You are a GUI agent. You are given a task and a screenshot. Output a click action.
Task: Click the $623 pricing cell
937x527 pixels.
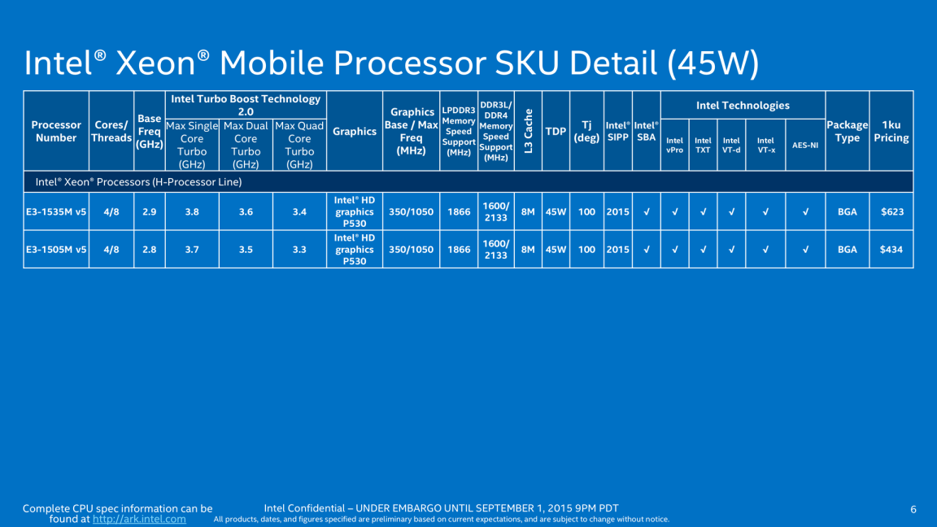(x=891, y=212)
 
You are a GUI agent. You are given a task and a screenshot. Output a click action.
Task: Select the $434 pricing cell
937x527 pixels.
(x=891, y=250)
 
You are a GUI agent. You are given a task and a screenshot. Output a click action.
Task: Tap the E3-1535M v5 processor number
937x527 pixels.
(x=56, y=212)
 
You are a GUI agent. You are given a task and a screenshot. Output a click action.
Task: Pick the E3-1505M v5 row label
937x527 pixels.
(x=56, y=250)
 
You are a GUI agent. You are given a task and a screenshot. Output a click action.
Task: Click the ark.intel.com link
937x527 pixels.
(x=139, y=519)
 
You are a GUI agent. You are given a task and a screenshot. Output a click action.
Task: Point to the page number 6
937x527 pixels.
(x=913, y=510)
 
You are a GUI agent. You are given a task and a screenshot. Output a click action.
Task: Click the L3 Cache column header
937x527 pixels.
(x=528, y=131)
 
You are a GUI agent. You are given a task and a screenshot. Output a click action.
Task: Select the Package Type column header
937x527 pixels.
(x=847, y=131)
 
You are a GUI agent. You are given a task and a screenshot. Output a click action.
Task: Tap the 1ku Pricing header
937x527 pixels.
(x=891, y=131)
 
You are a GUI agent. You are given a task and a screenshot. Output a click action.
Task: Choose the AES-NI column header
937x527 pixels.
(x=805, y=146)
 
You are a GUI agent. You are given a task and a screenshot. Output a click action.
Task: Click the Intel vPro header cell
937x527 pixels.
(x=674, y=145)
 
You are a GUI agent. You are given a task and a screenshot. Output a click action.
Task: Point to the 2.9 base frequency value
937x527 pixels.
(x=150, y=212)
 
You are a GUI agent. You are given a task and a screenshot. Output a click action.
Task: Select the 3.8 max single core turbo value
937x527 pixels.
(x=192, y=212)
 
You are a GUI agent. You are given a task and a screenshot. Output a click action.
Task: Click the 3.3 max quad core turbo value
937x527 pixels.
(x=299, y=250)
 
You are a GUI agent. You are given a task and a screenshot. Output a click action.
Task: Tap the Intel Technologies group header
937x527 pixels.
(x=743, y=106)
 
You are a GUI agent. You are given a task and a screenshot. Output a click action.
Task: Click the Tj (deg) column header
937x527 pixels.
(x=586, y=131)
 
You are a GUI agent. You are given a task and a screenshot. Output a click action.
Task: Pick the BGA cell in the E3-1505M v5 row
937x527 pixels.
(x=847, y=250)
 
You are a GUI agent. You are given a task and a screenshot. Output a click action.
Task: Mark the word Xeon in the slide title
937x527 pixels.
(x=163, y=63)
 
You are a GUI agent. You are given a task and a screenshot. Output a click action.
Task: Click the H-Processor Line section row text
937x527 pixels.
(x=137, y=182)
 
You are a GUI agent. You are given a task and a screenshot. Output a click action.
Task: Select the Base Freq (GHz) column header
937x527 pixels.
(x=150, y=131)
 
